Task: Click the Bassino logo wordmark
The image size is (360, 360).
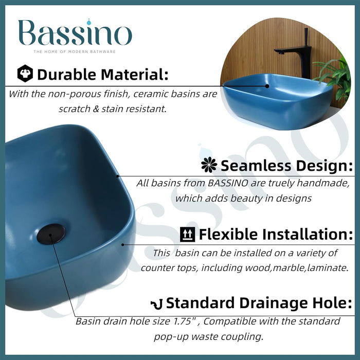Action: coord(75,34)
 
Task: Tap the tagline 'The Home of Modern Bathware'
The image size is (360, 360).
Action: coord(75,51)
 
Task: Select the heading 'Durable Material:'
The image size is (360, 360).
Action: coord(102,74)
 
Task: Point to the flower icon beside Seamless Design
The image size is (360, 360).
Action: coord(209,165)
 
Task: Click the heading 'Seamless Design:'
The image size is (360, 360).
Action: coord(286,166)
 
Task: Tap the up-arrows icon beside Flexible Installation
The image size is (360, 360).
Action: coord(188,235)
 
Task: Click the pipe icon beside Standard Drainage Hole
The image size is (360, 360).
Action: coord(156,303)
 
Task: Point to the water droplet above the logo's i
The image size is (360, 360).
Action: coord(91,22)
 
